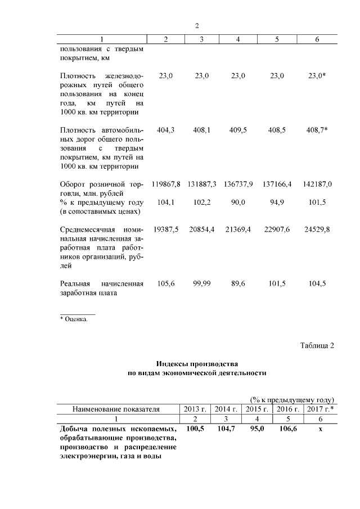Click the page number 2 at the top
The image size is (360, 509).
pyautogui.click(x=197, y=26)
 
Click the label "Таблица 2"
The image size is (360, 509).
pyautogui.click(x=317, y=345)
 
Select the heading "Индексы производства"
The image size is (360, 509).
pyautogui.click(x=197, y=363)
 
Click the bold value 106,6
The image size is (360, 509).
pyautogui.click(x=288, y=429)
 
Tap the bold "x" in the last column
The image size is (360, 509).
pyautogui.click(x=319, y=429)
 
